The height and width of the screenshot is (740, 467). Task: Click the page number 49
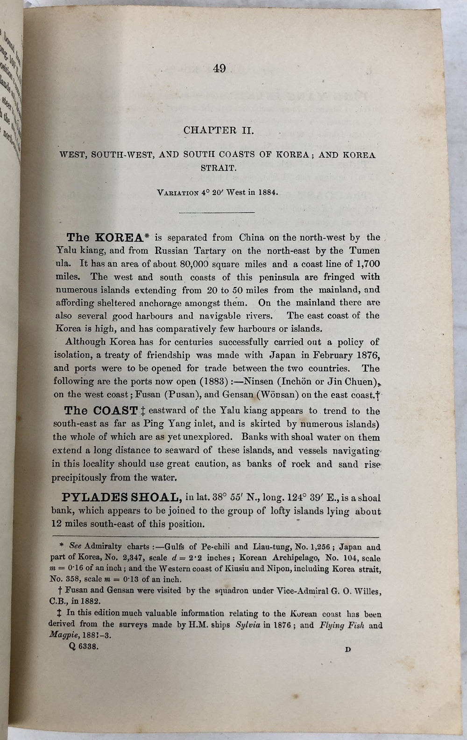[x=219, y=69]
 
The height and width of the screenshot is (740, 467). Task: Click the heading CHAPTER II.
[x=219, y=130]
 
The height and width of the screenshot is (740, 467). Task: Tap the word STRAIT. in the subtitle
[x=219, y=168]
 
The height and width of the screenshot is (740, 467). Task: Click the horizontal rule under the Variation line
[x=217, y=213]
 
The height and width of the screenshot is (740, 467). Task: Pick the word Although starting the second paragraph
[x=86, y=342]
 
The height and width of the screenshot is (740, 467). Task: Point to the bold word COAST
[x=115, y=411]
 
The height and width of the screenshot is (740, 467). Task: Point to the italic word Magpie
[x=64, y=635]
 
